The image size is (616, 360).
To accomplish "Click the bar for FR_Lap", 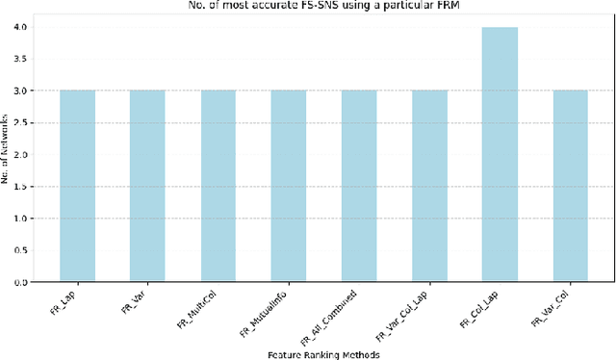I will click(x=77, y=186).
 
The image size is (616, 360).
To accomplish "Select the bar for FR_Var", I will click(x=147, y=186).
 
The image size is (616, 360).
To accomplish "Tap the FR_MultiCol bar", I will click(x=218, y=186).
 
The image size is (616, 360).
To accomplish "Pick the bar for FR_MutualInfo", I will click(x=288, y=186).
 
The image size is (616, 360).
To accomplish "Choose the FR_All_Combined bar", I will click(x=359, y=186).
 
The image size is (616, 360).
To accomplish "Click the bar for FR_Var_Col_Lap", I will click(x=429, y=186).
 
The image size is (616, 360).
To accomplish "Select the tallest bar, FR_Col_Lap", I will click(x=500, y=154).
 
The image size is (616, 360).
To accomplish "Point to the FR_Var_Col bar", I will click(x=570, y=186).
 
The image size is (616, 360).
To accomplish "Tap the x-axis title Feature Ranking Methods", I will click(x=323, y=353).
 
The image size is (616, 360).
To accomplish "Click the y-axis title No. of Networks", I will click(x=9, y=155).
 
